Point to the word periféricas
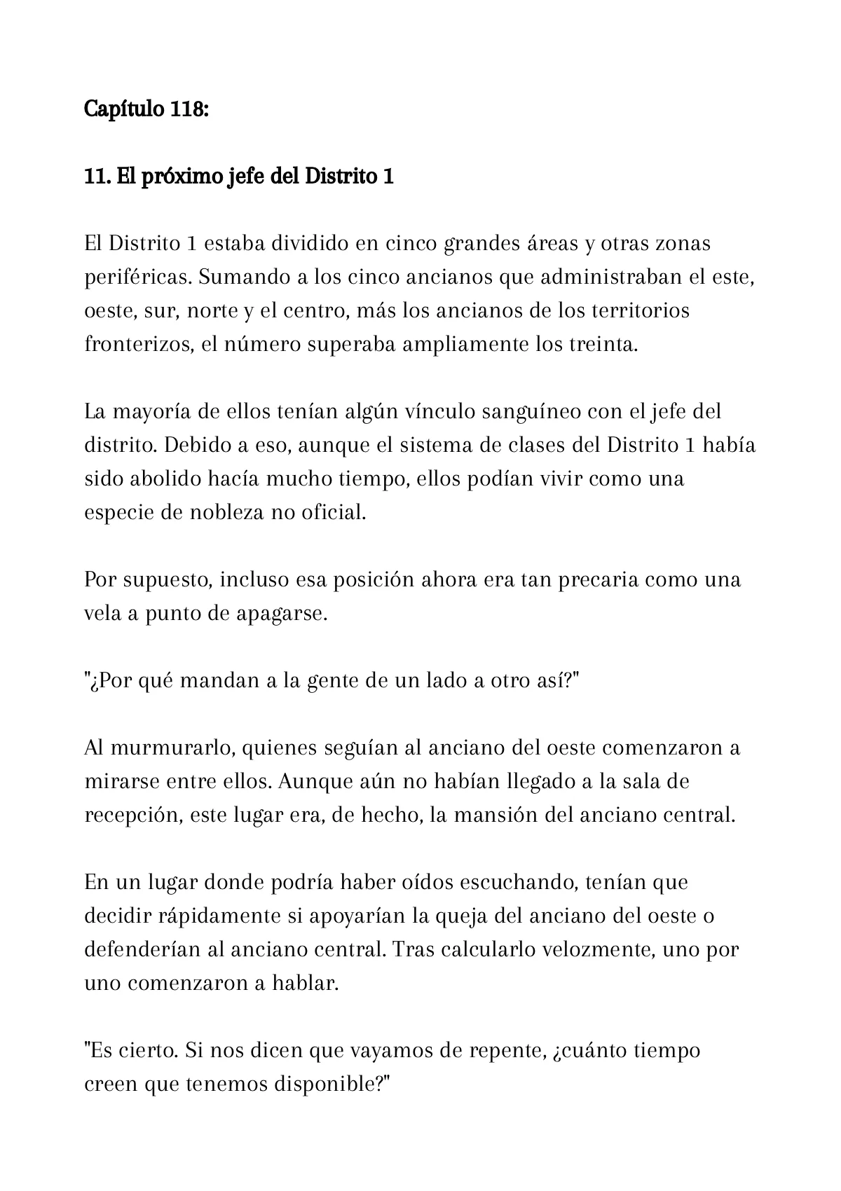coord(137,277)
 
